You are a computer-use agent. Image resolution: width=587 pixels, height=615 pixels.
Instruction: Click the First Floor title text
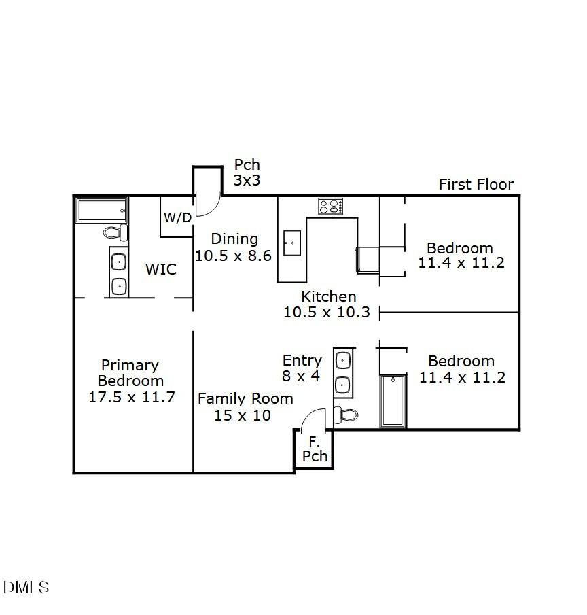pos(476,184)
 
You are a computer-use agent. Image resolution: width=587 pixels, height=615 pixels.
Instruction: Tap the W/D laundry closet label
pos(177,217)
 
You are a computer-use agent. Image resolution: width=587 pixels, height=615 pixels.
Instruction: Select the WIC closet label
pos(161,269)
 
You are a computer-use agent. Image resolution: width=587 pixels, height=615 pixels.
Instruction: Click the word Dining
pos(234,239)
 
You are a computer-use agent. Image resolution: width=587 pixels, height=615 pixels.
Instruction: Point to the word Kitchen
pos(328,296)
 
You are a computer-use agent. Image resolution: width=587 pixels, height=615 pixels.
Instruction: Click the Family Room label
pos(245,398)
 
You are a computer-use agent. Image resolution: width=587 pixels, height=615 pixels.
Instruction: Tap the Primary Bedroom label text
pos(130,373)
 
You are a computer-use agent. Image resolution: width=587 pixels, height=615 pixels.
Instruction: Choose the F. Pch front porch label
pos(315,449)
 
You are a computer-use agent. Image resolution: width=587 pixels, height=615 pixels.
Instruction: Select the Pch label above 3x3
pos(247,164)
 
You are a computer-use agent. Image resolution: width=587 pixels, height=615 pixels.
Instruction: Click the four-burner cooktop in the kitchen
pos(331,206)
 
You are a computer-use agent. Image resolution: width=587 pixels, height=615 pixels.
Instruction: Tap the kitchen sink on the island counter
pos(292,243)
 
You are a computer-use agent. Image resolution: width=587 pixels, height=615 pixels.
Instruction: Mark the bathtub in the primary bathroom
pos(102,210)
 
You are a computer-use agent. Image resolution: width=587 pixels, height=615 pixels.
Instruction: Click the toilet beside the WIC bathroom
pos(115,233)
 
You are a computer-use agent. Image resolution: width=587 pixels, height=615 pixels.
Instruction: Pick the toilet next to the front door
pos(346,415)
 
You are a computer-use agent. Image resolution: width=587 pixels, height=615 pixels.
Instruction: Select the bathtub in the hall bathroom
pos(393,401)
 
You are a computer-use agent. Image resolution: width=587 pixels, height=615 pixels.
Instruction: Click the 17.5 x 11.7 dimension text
pos(132,397)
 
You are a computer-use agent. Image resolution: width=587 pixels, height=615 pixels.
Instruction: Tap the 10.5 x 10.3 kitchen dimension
pos(326,312)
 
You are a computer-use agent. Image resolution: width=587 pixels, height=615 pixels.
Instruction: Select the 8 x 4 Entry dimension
pos(301,376)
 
